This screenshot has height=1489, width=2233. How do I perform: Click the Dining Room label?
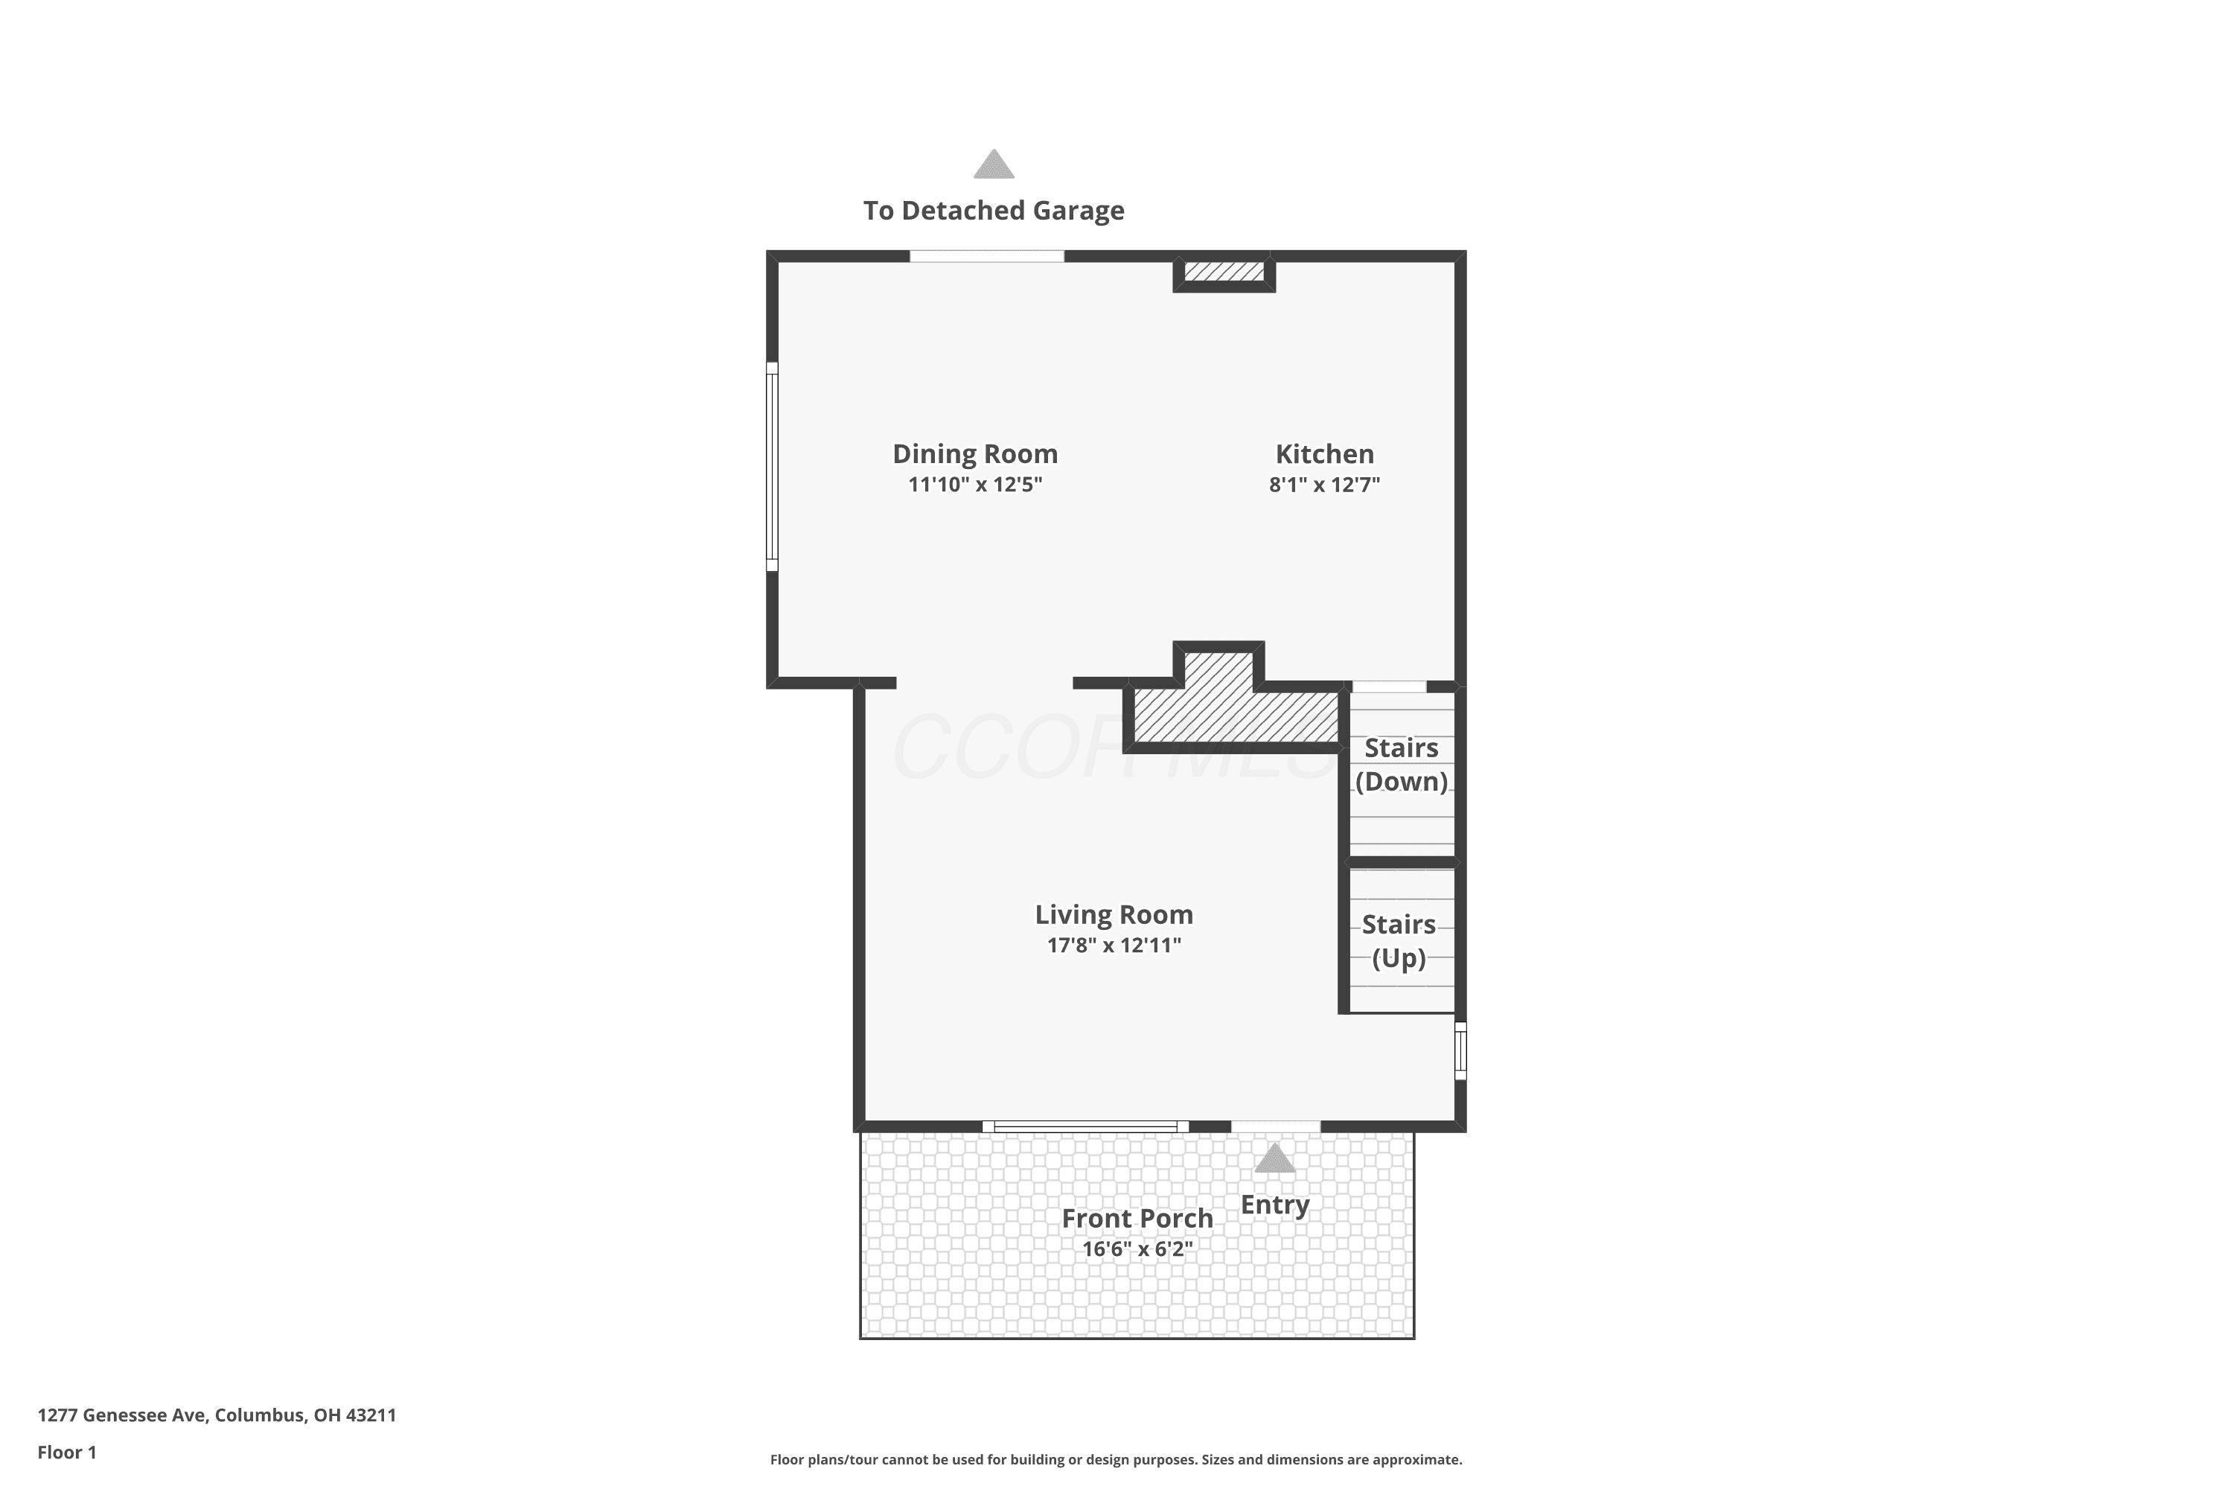[975, 454]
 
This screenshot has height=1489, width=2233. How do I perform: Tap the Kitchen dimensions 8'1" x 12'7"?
[1324, 485]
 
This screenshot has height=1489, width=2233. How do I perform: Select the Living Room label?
[1114, 914]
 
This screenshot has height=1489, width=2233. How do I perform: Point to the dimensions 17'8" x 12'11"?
[1114, 945]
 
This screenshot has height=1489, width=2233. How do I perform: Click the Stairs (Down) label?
[1402, 765]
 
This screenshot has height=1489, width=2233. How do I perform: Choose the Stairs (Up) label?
[1399, 941]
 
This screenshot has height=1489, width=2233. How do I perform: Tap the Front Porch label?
[1137, 1218]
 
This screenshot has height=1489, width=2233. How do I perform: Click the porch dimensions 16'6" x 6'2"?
[1137, 1249]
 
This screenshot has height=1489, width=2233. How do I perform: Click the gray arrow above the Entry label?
[1274, 1158]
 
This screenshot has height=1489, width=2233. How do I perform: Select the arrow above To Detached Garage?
[994, 165]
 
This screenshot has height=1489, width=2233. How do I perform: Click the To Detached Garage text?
[994, 211]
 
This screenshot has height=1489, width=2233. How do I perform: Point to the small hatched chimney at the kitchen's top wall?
[1224, 272]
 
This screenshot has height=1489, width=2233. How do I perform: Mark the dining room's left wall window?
[772, 466]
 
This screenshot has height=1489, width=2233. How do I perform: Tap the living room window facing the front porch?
[1085, 1126]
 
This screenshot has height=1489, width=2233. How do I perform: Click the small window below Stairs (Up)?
[1461, 1050]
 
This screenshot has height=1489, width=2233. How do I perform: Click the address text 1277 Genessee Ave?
[121, 1415]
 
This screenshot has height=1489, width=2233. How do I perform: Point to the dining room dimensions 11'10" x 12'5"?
[975, 485]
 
